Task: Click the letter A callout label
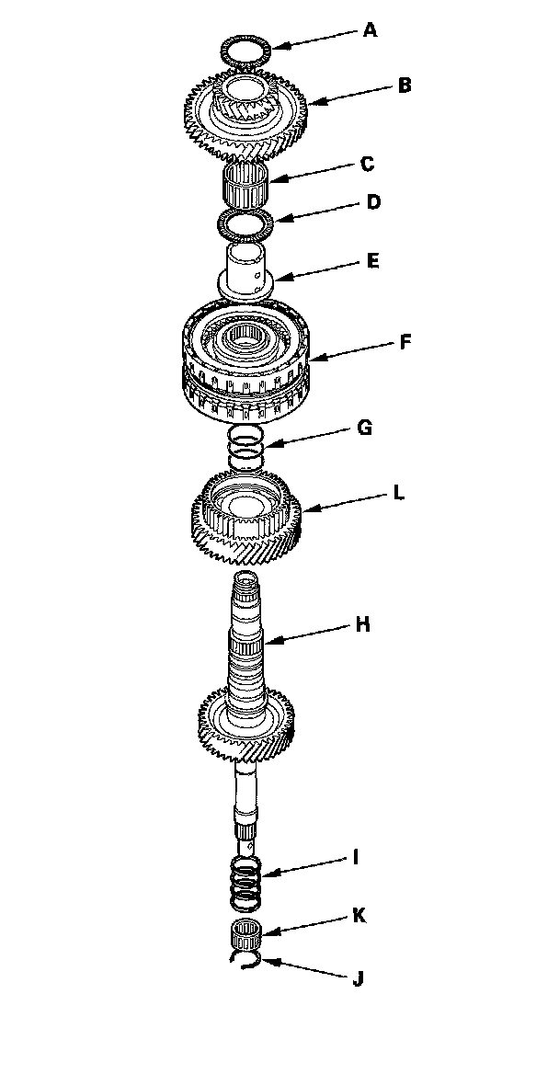pos(370,30)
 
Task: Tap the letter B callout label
pos(404,86)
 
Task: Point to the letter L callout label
pos(398,493)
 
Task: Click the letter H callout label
pos(363,624)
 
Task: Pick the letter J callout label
pos(358,979)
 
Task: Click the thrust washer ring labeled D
pos(244,223)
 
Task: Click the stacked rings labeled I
pos(246,879)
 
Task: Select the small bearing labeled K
pos(246,934)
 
